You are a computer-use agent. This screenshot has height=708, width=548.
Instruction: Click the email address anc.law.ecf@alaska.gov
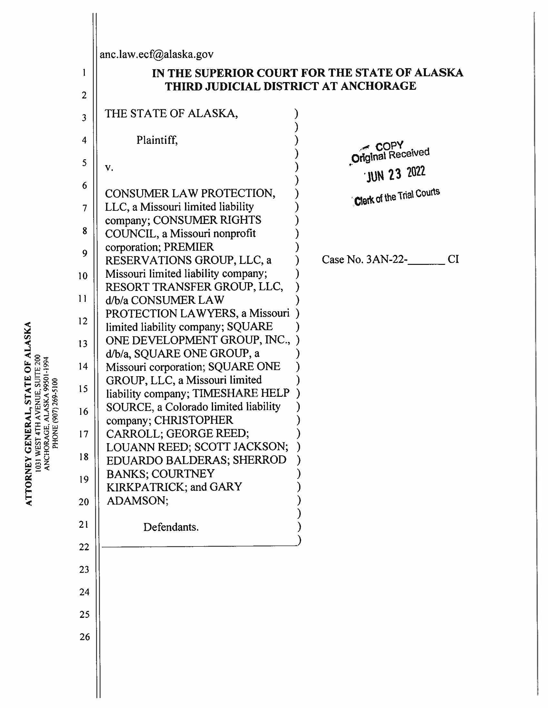pyautogui.click(x=156, y=54)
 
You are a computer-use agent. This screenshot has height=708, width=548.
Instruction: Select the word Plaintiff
pyautogui.click(x=157, y=140)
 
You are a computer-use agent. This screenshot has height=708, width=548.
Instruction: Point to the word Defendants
pyautogui.click(x=171, y=527)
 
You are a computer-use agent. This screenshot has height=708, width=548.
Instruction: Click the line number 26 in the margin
pyautogui.click(x=84, y=637)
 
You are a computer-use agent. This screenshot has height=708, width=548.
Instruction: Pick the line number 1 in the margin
pyautogui.click(x=84, y=72)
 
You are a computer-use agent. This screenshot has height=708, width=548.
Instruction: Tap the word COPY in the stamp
pyautogui.click(x=389, y=146)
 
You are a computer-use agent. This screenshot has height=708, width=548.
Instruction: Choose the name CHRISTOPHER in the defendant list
pyautogui.click(x=193, y=420)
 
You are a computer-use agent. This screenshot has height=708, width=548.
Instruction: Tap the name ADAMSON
pyautogui.click(x=137, y=501)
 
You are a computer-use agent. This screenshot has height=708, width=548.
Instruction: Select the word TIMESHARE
pyautogui.click(x=225, y=393)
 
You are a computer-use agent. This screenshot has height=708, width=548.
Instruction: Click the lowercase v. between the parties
pyautogui.click(x=109, y=167)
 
